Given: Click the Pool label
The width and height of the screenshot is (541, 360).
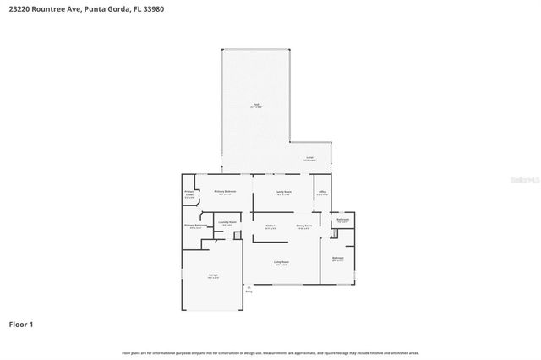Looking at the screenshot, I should (x=255, y=105).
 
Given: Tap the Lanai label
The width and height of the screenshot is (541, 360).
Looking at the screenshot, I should (x=309, y=158).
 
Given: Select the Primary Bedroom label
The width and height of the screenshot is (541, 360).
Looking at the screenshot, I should (x=225, y=192).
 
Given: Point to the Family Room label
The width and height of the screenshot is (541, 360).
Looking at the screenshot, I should (x=283, y=192).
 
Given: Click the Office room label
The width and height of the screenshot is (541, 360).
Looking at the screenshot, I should (x=321, y=192).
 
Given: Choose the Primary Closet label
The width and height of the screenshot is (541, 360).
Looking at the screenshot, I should (x=189, y=194).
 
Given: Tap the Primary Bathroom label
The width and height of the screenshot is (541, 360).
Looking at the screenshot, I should (x=195, y=226).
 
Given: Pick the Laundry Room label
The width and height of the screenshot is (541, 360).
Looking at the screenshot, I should (x=227, y=223).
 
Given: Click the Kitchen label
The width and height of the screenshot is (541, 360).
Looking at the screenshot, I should (x=270, y=226).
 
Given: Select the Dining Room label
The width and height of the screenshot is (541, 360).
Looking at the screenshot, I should (x=304, y=226).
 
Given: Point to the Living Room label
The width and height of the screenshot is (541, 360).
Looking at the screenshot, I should (x=281, y=263).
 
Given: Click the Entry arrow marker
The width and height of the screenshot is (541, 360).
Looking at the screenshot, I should (x=249, y=289).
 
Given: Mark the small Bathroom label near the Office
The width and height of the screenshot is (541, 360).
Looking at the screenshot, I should (x=342, y=220).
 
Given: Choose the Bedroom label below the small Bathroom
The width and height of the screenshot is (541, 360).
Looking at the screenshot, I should (x=338, y=258).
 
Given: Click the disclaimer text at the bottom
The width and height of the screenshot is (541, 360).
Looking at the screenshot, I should (x=270, y=352).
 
